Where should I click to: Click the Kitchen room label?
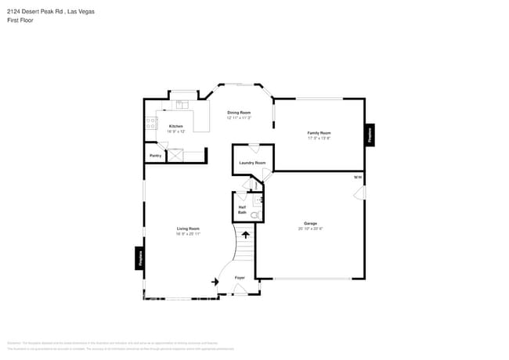click(175, 127)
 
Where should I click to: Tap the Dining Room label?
click(239, 113)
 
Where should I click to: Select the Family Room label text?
click(319, 133)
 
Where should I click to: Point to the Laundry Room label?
click(252, 163)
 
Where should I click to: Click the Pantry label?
click(155, 156)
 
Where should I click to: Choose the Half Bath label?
click(242, 210)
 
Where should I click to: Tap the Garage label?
click(311, 224)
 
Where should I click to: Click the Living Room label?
click(188, 229)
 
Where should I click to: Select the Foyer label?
click(240, 278)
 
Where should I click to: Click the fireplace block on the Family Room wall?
click(370, 135)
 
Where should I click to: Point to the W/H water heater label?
click(357, 178)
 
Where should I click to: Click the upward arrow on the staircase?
click(246, 233)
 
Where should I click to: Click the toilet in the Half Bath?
click(262, 212)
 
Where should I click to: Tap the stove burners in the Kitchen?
click(150, 123)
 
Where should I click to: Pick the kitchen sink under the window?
click(182, 103)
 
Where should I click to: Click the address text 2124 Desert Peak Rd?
click(43, 11)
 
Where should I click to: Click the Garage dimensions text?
click(311, 229)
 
